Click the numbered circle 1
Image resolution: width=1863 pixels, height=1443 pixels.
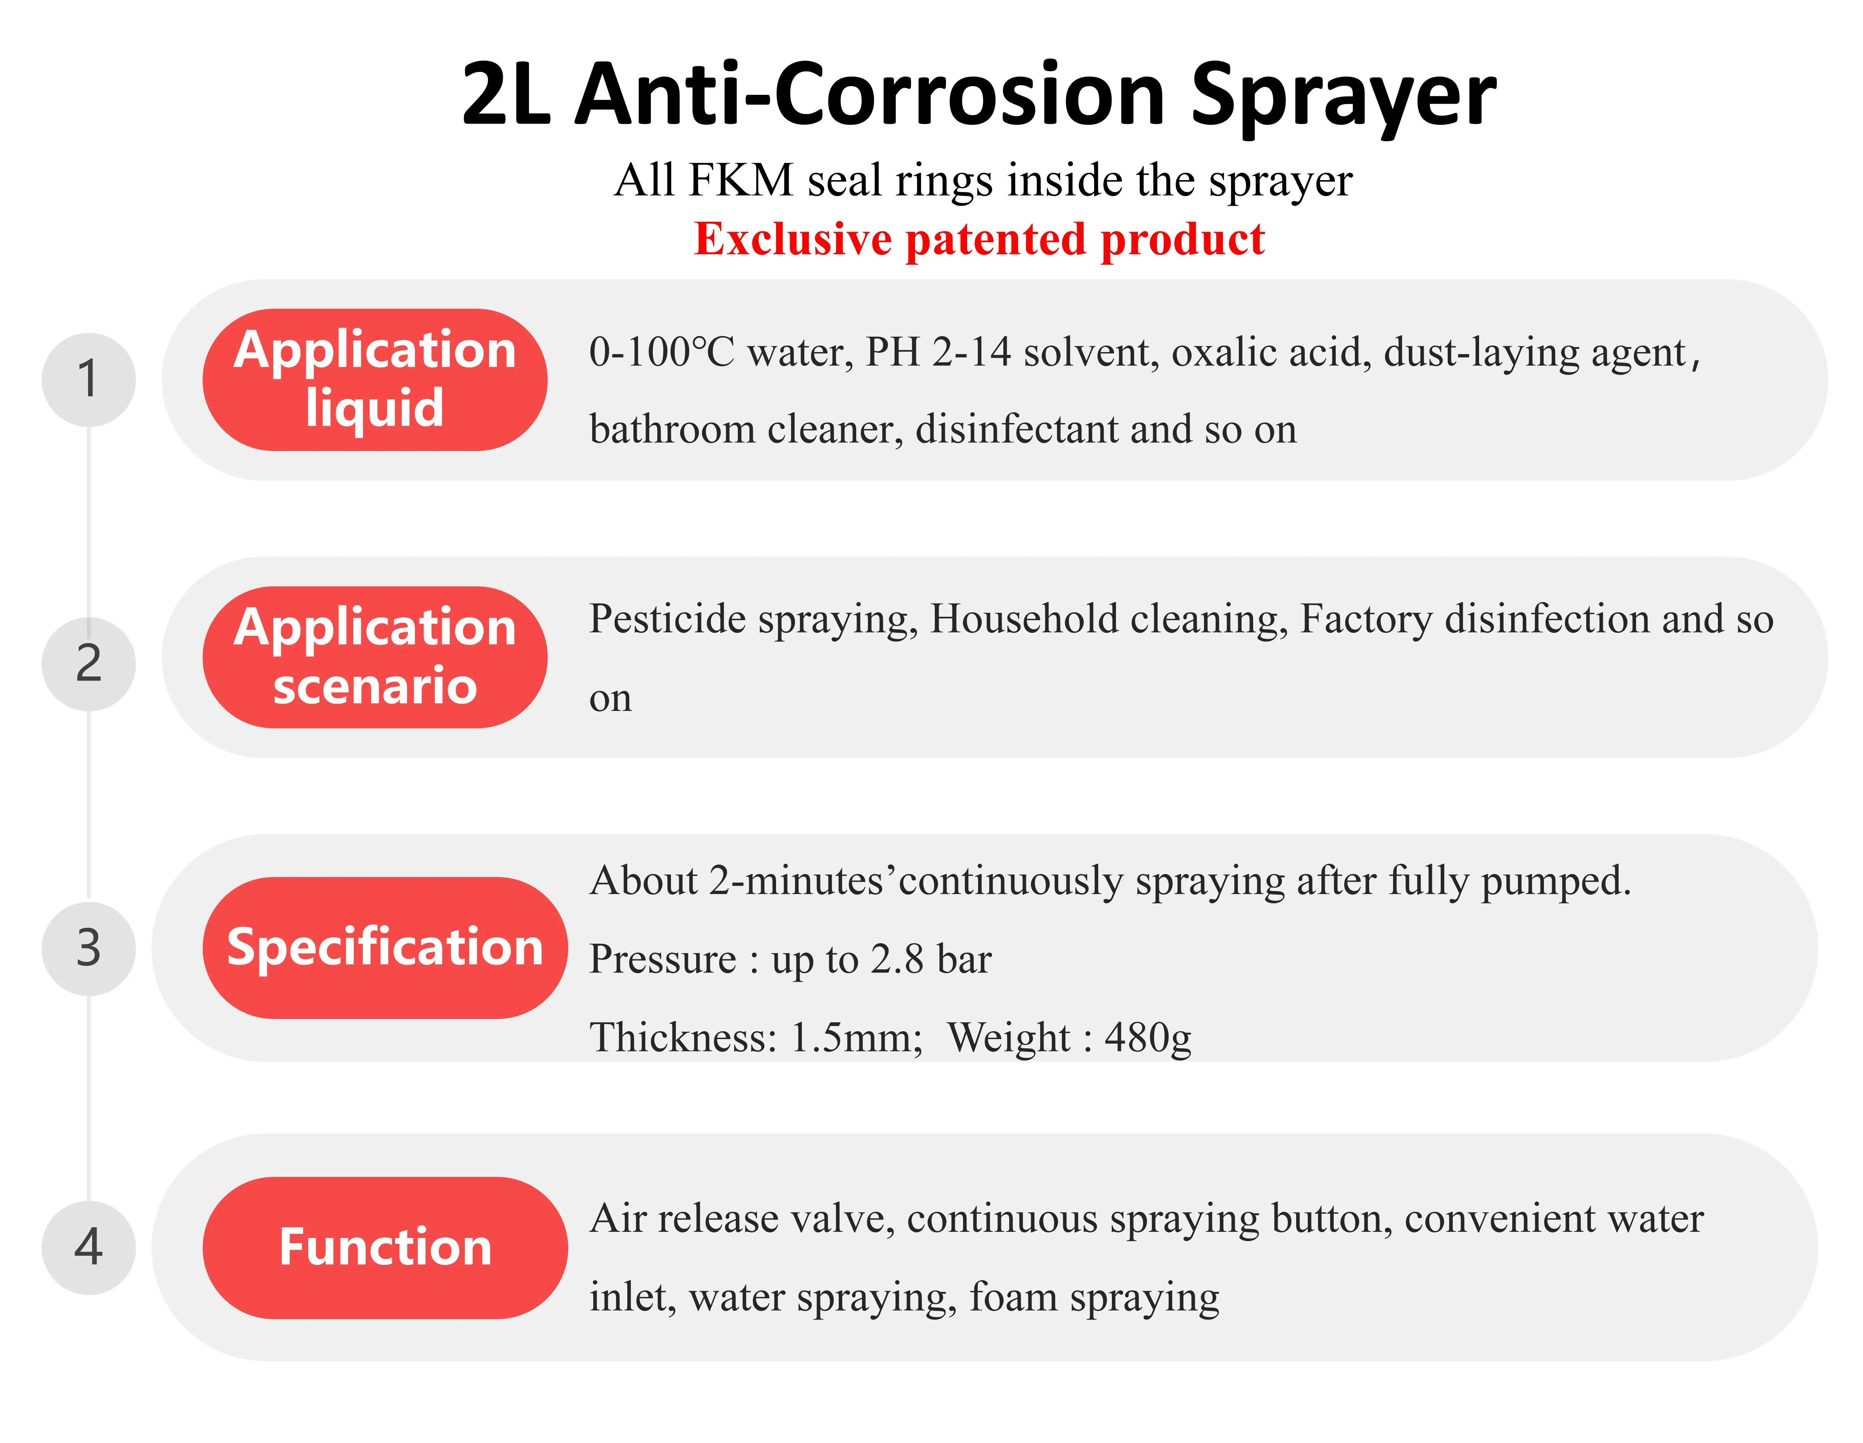click(89, 379)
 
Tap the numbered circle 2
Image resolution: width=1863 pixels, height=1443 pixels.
click(89, 664)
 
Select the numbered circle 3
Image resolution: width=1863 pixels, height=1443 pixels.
click(89, 948)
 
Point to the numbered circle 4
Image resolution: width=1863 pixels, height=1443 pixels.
click(89, 1248)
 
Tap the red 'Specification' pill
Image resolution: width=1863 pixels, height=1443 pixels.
click(385, 948)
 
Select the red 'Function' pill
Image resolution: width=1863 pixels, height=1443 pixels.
click(385, 1248)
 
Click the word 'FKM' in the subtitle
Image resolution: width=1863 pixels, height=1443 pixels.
click(741, 181)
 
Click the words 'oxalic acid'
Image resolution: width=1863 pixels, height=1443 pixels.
click(1271, 352)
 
